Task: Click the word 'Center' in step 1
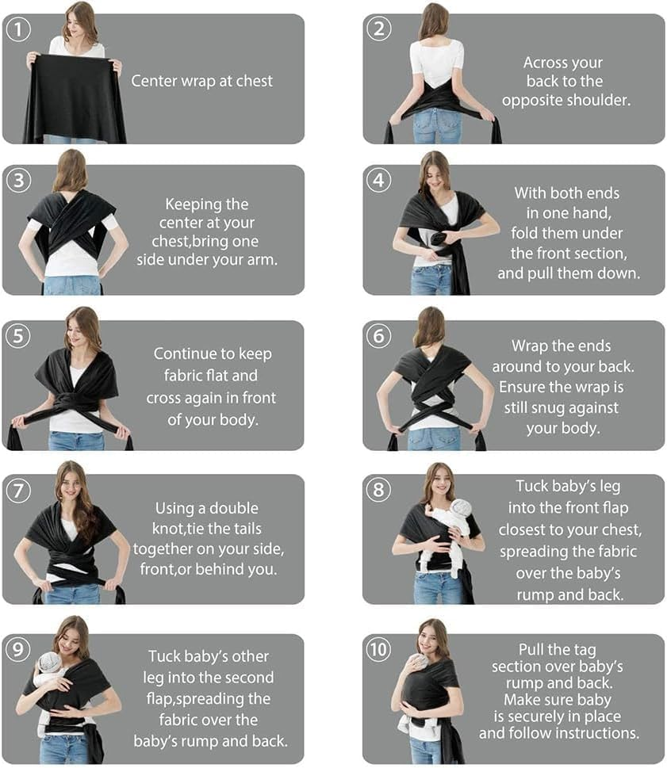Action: tap(155, 81)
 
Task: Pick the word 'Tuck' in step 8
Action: tap(532, 486)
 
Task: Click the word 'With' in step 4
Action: tap(531, 193)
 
